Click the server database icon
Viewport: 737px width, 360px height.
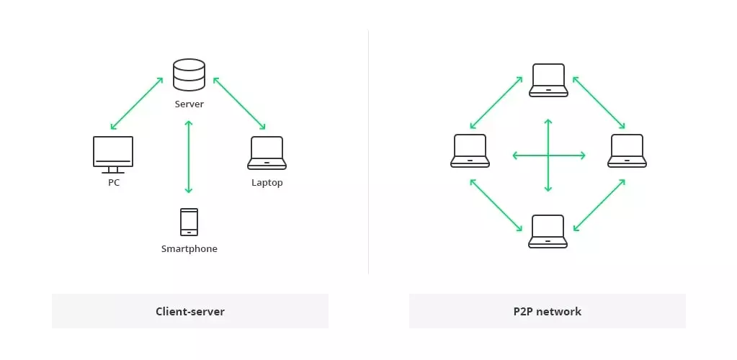(x=189, y=76)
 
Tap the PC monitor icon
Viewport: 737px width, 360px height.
(x=113, y=153)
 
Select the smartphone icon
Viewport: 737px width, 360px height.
(x=189, y=222)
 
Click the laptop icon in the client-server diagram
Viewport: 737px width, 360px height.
(x=267, y=153)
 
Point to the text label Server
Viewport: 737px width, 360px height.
(x=189, y=104)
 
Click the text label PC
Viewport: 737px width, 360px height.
(x=113, y=183)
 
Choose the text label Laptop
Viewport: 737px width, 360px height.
(x=267, y=183)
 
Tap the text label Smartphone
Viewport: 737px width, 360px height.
(x=189, y=249)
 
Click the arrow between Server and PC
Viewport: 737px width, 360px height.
(x=137, y=103)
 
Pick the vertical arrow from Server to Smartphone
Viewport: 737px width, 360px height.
(x=189, y=157)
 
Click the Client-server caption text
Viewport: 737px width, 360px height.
(x=190, y=312)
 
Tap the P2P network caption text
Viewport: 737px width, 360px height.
(x=548, y=312)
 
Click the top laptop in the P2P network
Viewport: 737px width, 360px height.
(x=548, y=80)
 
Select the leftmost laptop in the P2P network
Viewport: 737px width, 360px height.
(x=470, y=150)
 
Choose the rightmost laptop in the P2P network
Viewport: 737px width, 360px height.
(x=627, y=150)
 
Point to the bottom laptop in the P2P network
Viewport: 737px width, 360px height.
(x=548, y=231)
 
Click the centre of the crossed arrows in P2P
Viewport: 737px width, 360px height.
(x=548, y=155)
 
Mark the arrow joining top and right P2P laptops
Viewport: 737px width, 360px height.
(x=598, y=102)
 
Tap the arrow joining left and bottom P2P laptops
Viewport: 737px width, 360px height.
(x=496, y=206)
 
